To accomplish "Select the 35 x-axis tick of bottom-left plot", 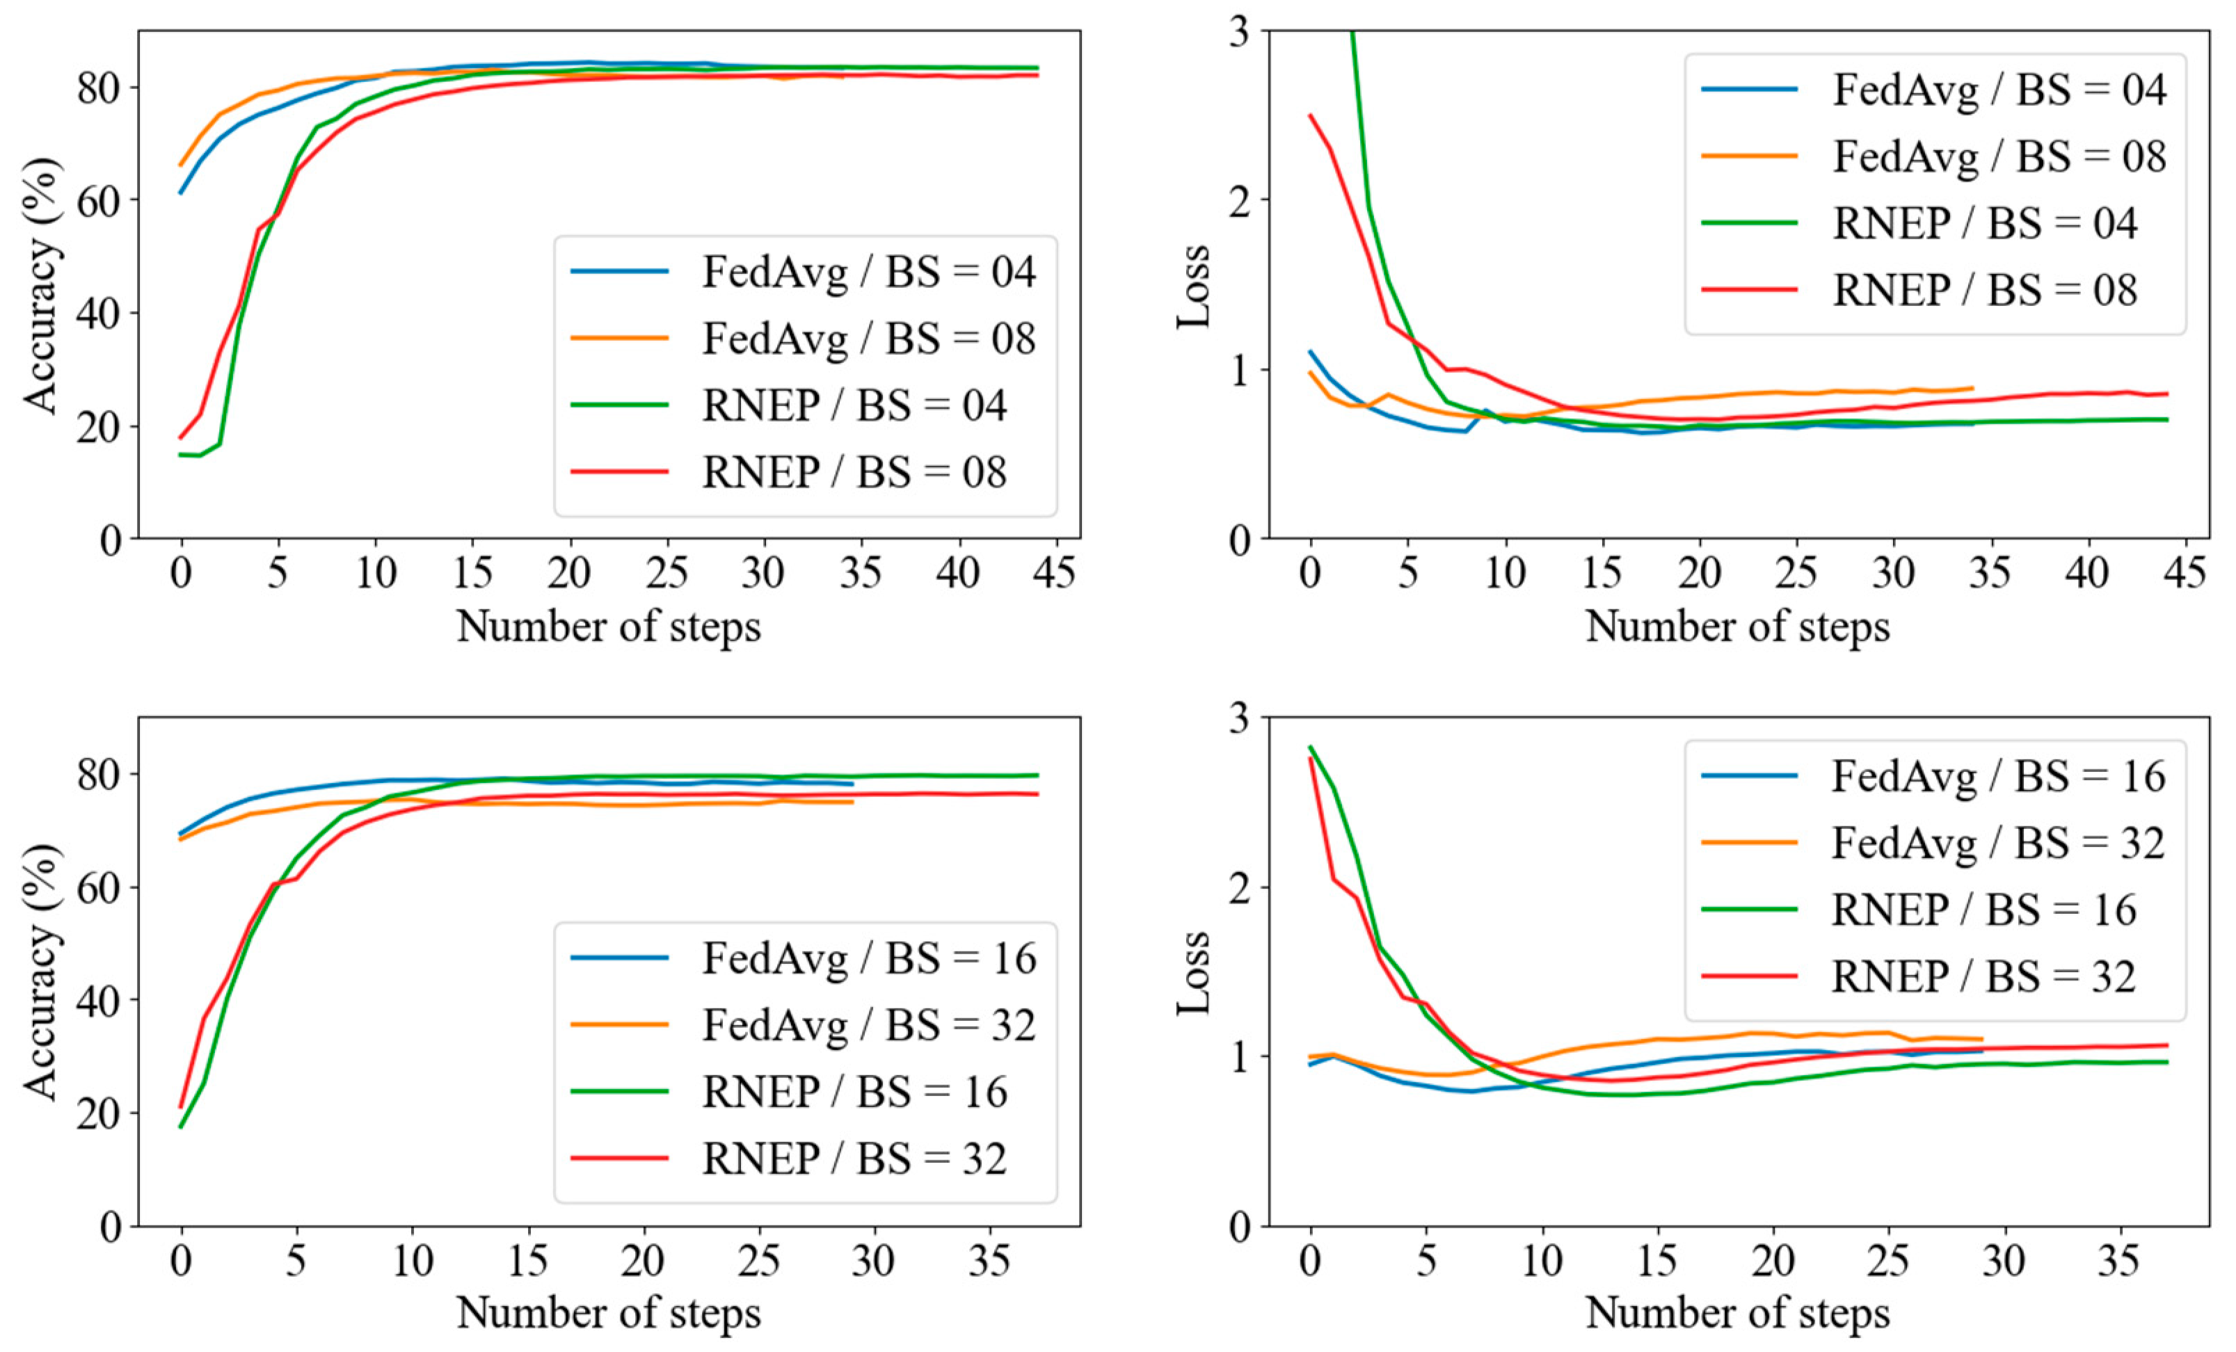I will point(989,1260).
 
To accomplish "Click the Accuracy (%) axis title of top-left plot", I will point(41,285).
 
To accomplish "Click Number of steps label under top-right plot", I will point(1737,626).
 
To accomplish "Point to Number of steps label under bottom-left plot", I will point(608,1312).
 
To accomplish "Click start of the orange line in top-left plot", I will point(181,165).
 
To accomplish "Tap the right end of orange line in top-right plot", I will point(1973,388).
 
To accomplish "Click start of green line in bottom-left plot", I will point(181,1127).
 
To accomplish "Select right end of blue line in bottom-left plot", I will point(852,784).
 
